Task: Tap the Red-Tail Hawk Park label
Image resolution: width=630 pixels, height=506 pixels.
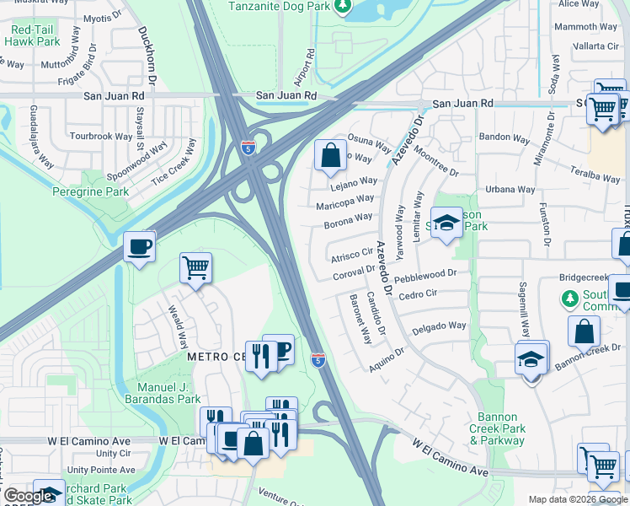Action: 33,35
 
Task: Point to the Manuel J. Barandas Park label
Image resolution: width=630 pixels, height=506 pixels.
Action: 163,393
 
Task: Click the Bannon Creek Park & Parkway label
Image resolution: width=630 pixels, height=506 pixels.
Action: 502,428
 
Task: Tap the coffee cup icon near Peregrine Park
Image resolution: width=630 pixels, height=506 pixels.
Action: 139,247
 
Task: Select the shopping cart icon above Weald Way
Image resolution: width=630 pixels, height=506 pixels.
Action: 195,268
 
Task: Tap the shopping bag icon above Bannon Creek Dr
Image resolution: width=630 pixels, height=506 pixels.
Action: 585,331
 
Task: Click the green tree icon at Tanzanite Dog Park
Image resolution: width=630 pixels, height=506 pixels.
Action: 342,7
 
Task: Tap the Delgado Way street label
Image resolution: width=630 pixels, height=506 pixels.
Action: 439,326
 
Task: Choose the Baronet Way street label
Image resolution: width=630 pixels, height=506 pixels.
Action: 359,319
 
